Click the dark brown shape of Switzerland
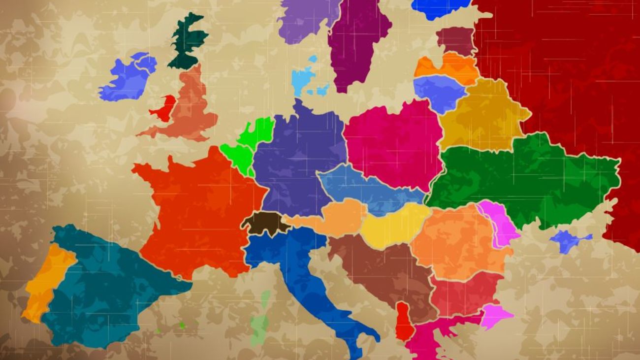(x=265, y=223)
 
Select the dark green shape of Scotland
(x=188, y=42)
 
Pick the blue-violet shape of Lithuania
(x=440, y=91)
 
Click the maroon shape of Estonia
(x=455, y=40)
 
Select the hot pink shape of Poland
(x=391, y=143)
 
